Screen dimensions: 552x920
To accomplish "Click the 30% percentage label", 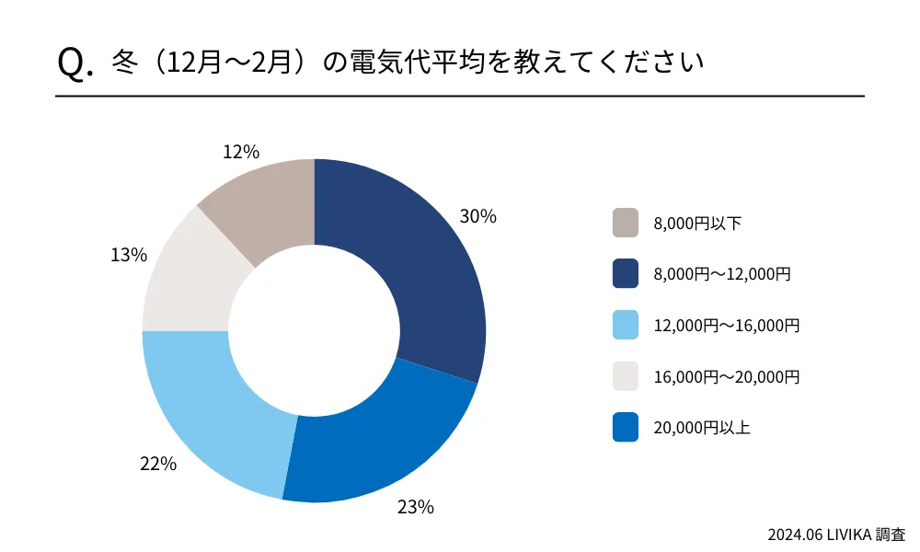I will coord(477,217).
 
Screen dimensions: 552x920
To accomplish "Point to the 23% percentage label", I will coord(415,507).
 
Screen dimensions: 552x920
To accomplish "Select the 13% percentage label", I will coord(129,256).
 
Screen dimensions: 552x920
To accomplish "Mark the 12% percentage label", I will coord(241,152).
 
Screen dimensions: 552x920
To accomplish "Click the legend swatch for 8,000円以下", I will coord(626,223).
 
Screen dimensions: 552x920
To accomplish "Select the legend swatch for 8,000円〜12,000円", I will coord(626,274).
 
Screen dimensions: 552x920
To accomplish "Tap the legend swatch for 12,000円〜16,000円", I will coord(626,326).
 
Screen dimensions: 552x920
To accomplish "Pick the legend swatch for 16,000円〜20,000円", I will coord(626,377).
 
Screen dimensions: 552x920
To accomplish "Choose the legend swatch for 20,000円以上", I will coord(626,428).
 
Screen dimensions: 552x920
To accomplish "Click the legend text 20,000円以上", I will coord(702,428).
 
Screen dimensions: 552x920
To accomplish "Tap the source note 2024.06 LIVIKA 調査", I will coord(836,534).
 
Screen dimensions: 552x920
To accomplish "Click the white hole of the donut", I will coord(314,330).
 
